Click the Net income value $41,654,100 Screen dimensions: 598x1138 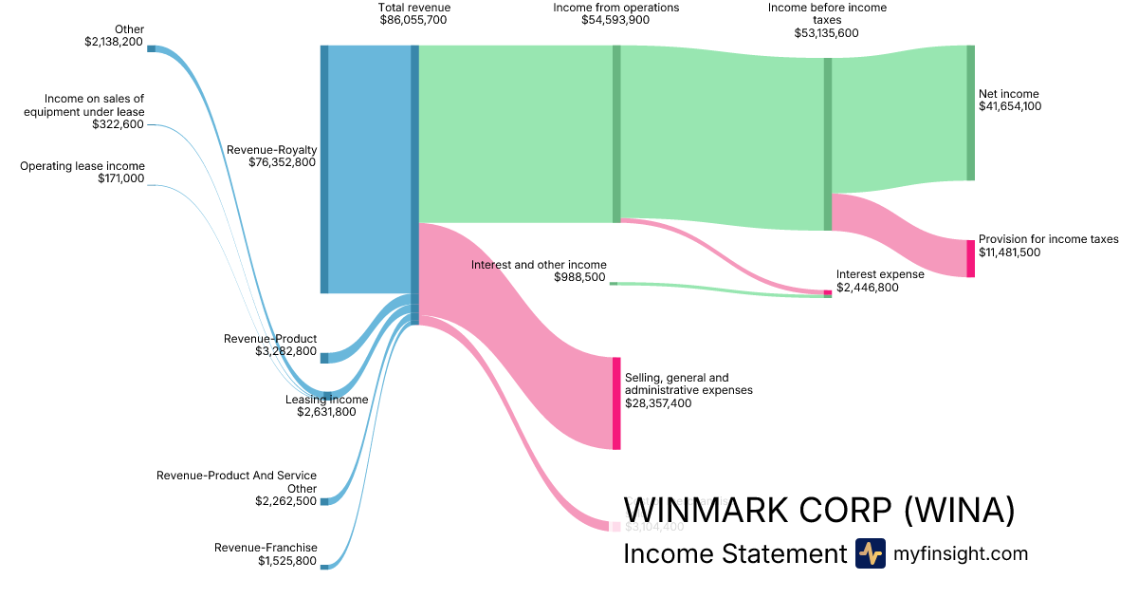(x=1010, y=106)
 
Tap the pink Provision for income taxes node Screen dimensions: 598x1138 (x=970, y=258)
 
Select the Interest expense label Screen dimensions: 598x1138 (x=879, y=274)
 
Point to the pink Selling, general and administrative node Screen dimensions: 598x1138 (x=616, y=402)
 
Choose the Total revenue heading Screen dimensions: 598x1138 (x=414, y=8)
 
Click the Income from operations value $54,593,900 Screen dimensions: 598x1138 (x=615, y=20)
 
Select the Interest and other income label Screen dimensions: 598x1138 (x=539, y=265)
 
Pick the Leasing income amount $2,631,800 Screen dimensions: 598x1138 (x=326, y=412)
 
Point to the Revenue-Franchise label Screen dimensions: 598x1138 (x=266, y=548)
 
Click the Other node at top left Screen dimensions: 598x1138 (x=151, y=48)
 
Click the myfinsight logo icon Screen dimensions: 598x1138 (x=870, y=553)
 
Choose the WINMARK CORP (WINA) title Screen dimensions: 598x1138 (x=818, y=511)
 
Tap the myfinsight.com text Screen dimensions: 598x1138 (x=961, y=554)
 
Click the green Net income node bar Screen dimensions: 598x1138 (x=970, y=112)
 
